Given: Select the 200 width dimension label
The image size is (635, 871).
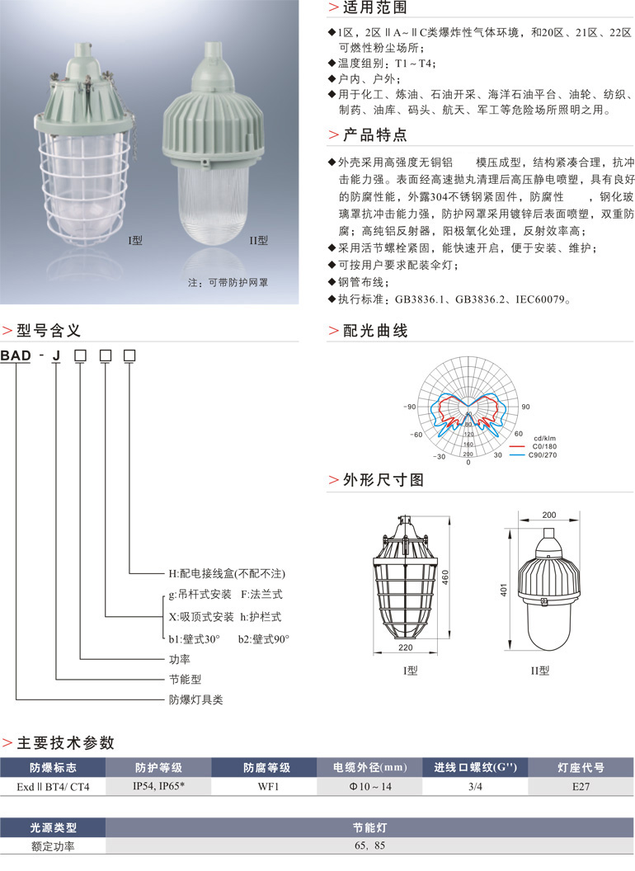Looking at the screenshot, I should [x=549, y=515].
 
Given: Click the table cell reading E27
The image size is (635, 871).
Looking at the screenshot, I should [x=581, y=787].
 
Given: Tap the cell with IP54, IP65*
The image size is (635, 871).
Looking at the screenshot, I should [x=159, y=787].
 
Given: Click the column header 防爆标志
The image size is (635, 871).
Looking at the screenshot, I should [x=53, y=768].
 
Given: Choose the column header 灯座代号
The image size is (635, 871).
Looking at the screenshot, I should [x=581, y=768].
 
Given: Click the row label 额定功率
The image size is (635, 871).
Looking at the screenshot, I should [x=53, y=845].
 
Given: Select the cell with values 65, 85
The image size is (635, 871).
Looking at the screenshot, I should [x=369, y=845].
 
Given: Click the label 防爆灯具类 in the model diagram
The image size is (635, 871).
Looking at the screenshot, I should [x=195, y=699].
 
